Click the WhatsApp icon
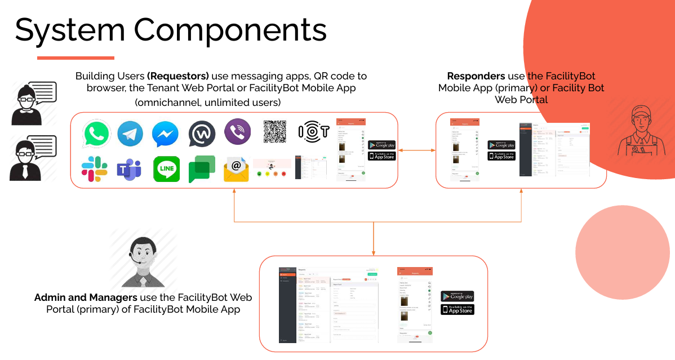point(96,135)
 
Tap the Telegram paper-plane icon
point(130,135)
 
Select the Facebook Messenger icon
point(166,135)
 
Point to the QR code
point(275,132)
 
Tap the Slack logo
point(95,169)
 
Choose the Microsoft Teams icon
point(128,169)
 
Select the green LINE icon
point(166,169)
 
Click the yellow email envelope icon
point(236,170)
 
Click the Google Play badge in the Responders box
point(501,145)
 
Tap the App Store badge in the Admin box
point(458,309)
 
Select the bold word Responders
point(476,76)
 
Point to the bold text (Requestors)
point(178,76)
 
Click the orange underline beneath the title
point(76,57)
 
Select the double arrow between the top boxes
point(417,150)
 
